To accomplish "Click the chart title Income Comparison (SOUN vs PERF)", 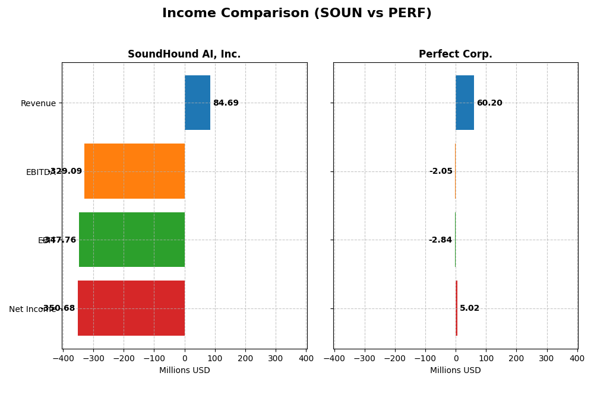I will (x=296, y=13).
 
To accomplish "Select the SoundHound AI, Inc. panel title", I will (x=184, y=54).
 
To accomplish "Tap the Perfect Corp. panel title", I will (x=455, y=54).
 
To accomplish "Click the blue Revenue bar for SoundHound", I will (x=197, y=103).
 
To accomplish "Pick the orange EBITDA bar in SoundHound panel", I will (x=134, y=171).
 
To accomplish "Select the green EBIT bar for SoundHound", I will (x=132, y=240).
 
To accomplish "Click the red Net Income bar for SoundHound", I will (x=131, y=308).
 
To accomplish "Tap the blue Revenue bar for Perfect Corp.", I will (x=465, y=103).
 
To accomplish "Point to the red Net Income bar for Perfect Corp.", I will (x=456, y=308).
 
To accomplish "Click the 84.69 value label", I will (x=226, y=103).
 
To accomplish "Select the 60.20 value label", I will (x=489, y=103).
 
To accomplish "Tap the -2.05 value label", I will (x=441, y=171).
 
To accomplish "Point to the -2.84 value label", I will (x=440, y=240).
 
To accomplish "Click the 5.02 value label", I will (x=469, y=308).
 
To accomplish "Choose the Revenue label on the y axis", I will (x=38, y=103).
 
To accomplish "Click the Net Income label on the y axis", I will (x=32, y=309).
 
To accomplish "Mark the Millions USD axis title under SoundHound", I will (x=184, y=370).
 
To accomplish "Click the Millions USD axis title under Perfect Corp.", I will (x=455, y=370).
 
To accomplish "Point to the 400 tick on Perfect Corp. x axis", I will (x=577, y=358).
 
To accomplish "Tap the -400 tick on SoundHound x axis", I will (x=62, y=358).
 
